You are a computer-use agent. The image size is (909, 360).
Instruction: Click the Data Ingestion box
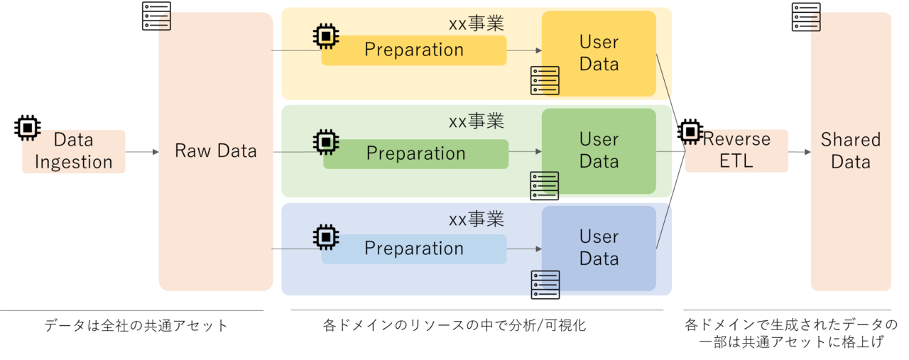[74, 151]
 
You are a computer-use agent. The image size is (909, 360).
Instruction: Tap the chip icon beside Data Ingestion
[28, 128]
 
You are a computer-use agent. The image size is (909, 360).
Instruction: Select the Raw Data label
[215, 151]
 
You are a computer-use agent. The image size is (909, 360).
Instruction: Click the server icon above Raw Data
[156, 16]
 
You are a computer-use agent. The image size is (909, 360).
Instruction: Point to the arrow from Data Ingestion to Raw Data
[142, 151]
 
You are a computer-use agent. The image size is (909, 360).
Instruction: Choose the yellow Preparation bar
[414, 50]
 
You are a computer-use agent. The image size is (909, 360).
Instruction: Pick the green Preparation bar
[416, 154]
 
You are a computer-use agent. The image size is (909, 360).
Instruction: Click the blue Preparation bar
[414, 249]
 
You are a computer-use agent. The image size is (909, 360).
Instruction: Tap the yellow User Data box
[599, 53]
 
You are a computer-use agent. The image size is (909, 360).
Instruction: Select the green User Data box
[599, 151]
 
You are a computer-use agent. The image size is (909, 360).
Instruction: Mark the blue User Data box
[599, 248]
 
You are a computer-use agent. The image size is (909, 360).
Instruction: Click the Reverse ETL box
[736, 151]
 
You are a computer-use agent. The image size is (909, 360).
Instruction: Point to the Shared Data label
[851, 151]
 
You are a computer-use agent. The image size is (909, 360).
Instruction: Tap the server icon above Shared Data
[806, 17]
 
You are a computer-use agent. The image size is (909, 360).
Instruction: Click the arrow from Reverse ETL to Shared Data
[800, 151]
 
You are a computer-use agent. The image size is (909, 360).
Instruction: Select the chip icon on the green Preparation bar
[326, 141]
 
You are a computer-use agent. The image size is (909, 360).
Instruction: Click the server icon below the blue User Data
[545, 285]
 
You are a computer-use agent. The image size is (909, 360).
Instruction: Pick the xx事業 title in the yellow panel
[476, 24]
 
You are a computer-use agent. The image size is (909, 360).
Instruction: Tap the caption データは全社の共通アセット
[136, 326]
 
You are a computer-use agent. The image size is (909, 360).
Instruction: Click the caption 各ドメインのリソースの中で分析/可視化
[454, 326]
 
